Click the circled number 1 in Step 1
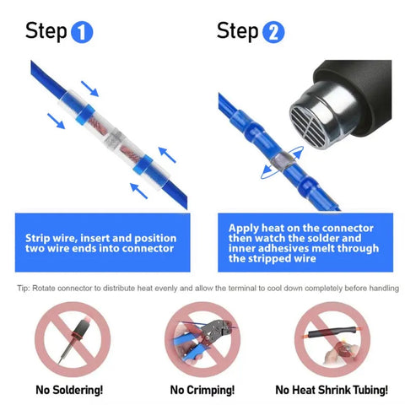pyautogui.click(x=82, y=33)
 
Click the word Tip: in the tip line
pyautogui.click(x=24, y=289)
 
